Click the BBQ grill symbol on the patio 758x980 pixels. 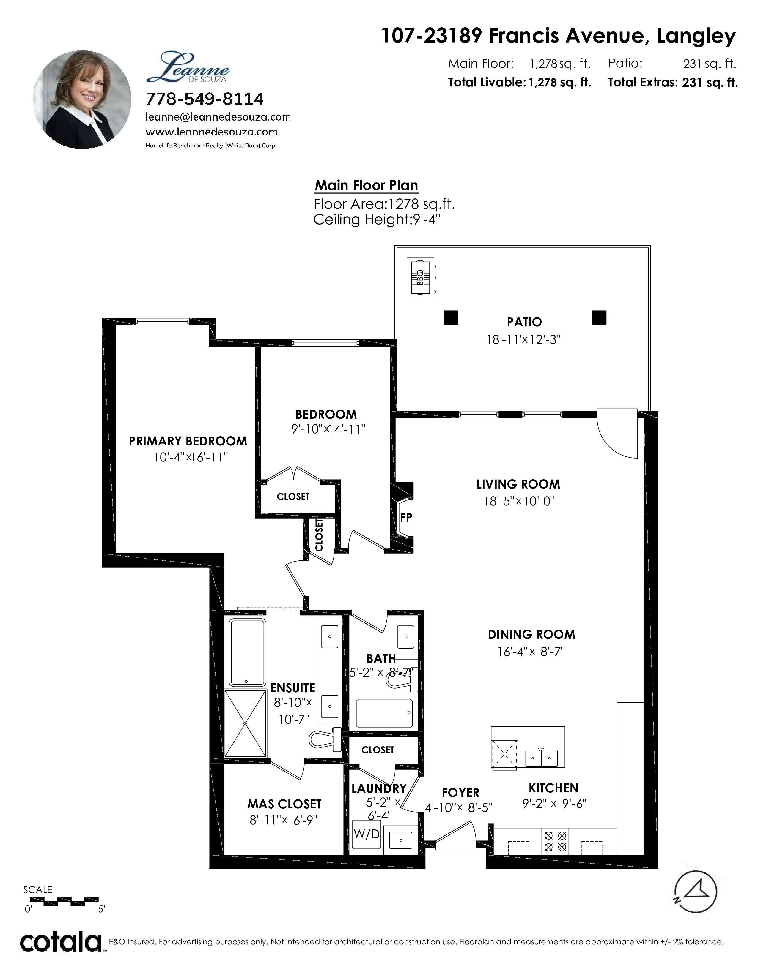(421, 277)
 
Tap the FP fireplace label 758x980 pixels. (406, 517)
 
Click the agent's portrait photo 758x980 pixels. (82, 99)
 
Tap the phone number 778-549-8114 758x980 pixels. (205, 99)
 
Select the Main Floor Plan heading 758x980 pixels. (367, 185)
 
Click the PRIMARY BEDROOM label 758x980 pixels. (188, 441)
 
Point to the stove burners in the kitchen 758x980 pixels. (555, 841)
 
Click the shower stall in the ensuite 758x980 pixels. (245, 723)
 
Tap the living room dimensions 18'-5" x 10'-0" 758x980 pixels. (519, 501)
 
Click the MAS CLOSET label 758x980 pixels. (284, 804)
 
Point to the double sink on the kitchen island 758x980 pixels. (542, 758)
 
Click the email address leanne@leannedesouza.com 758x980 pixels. (218, 117)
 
